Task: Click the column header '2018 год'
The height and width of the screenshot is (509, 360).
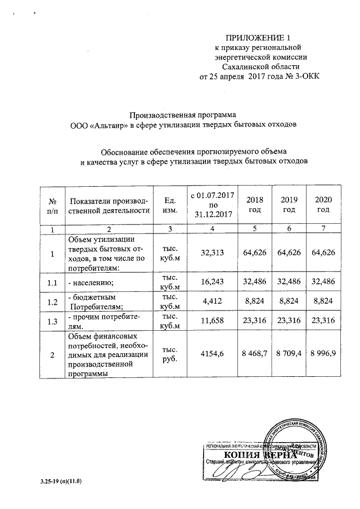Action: point(255,205)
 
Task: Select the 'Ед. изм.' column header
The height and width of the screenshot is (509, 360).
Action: point(169,205)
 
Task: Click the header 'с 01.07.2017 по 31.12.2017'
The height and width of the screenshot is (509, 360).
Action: point(213,204)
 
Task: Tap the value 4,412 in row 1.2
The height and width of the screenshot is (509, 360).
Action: point(213,301)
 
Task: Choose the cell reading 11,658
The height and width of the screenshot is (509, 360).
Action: point(213,321)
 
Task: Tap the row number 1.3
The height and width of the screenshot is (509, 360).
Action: point(52,321)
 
